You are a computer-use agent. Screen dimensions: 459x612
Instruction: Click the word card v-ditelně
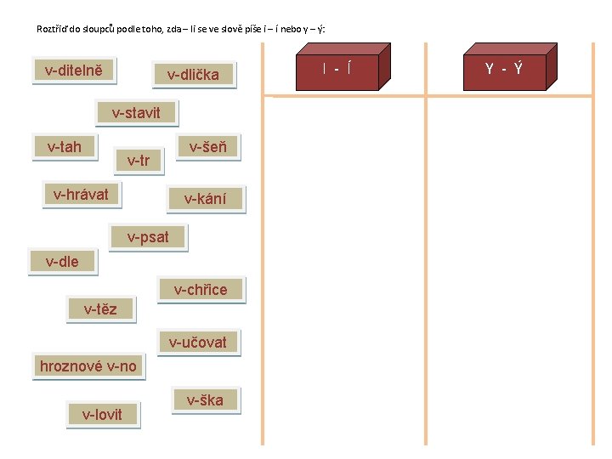[74, 70]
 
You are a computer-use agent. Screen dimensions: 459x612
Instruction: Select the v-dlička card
[193, 75]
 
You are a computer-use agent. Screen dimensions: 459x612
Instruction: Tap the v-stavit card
[135, 113]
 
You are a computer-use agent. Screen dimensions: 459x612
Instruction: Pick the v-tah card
[65, 147]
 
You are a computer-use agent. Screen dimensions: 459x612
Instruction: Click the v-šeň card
[207, 147]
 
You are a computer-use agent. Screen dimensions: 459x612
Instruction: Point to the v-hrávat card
[81, 195]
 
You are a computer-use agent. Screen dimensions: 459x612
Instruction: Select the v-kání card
[206, 199]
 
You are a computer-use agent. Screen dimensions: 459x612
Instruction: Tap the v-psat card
[148, 237]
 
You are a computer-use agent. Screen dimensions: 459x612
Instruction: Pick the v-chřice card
[201, 290]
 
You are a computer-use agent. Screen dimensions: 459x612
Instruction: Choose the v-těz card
[100, 309]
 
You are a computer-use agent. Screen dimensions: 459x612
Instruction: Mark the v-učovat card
[198, 343]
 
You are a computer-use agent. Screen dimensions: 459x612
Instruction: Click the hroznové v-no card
[88, 366]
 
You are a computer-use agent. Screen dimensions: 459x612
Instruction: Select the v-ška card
[205, 400]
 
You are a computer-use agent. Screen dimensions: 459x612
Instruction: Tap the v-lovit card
[102, 415]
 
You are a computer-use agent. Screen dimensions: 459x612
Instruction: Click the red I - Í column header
[337, 68]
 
